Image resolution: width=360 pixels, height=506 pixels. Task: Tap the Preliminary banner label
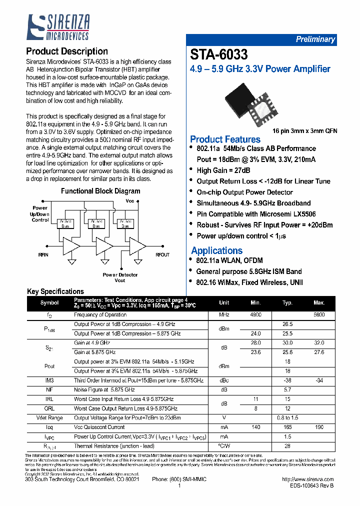pyautogui.click(x=315, y=39)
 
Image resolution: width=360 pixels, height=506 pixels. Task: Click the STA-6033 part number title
pyautogui.click(x=218, y=54)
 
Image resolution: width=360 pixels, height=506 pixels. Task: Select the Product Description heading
pyautogui.click(x=66, y=51)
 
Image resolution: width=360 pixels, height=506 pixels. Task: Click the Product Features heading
pyautogui.click(x=225, y=139)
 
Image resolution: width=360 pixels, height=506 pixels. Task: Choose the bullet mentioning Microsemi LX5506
pyautogui.click(x=256, y=214)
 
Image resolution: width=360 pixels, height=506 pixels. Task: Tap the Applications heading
pyautogui.click(x=216, y=250)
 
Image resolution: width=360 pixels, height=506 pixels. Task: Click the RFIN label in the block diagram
pyautogui.click(x=43, y=254)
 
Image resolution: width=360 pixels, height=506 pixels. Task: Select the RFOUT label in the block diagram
pyautogui.click(x=162, y=254)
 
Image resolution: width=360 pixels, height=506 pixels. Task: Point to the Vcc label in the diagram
pyautogui.click(x=130, y=201)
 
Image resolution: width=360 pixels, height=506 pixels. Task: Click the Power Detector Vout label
pyautogui.click(x=120, y=277)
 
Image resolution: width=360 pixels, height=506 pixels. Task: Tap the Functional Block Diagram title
pyautogui.click(x=100, y=191)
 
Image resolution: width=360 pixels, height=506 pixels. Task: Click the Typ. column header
pyautogui.click(x=287, y=303)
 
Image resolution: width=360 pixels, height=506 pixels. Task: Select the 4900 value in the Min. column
pyautogui.click(x=255, y=315)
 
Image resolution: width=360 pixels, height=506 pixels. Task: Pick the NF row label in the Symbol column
pyautogui.click(x=49, y=389)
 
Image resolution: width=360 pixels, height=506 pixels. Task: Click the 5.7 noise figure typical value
pyautogui.click(x=287, y=389)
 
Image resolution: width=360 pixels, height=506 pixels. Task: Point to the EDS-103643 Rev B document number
pyautogui.click(x=311, y=485)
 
